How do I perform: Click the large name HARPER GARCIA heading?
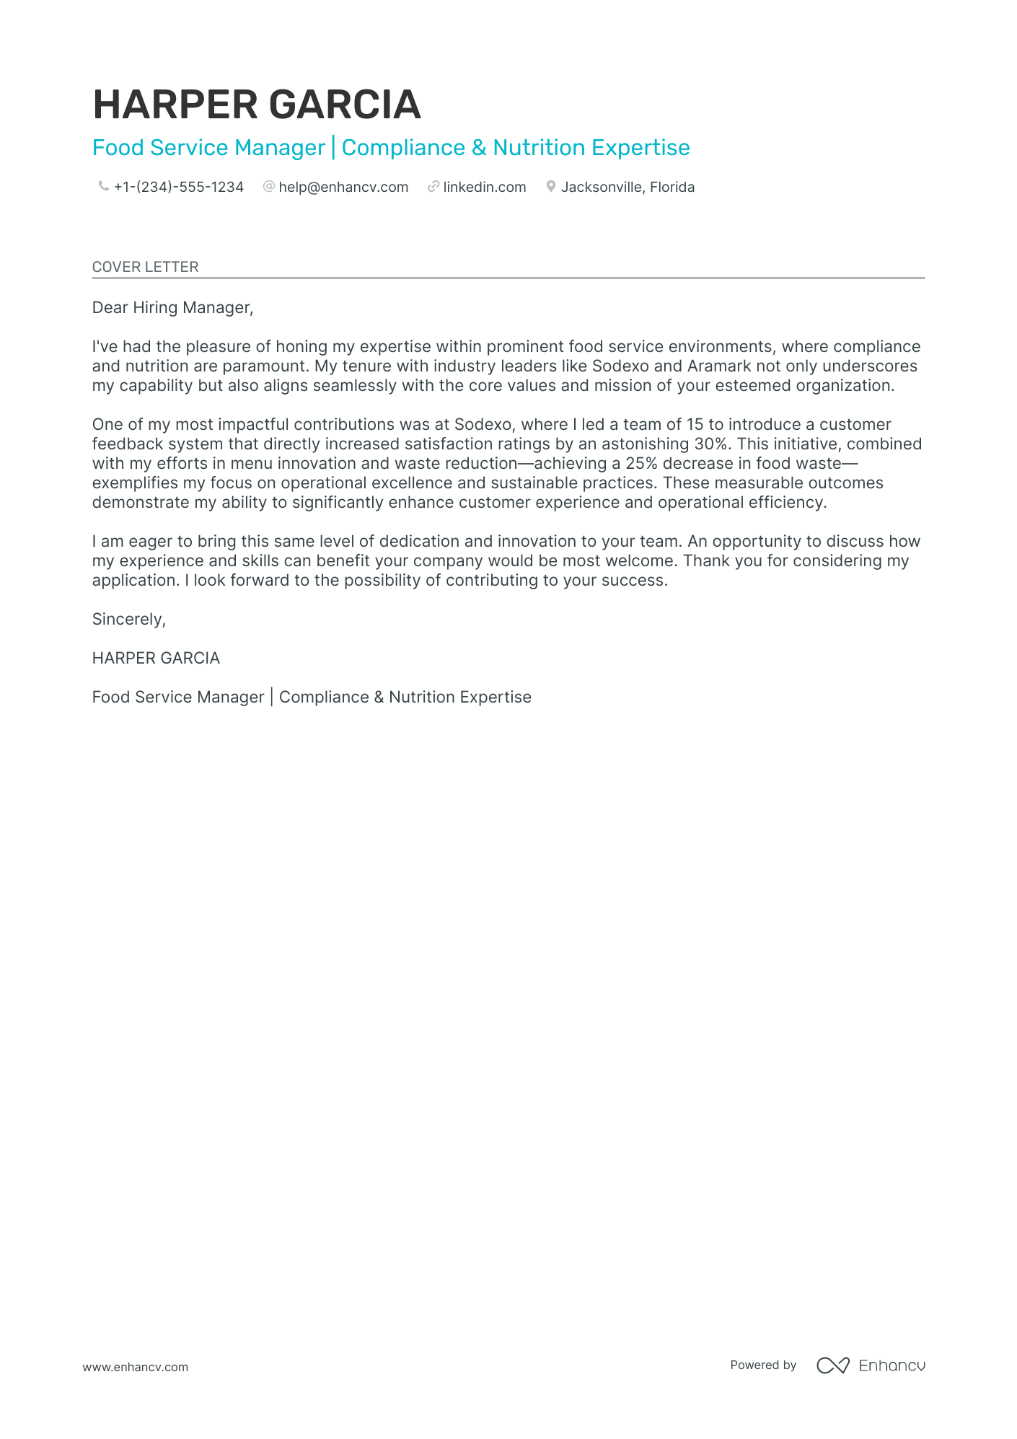click(256, 105)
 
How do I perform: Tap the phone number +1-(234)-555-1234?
click(178, 188)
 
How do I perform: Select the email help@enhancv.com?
click(343, 188)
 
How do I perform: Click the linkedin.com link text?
click(484, 188)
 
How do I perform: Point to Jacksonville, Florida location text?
click(628, 188)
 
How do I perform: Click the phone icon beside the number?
click(103, 187)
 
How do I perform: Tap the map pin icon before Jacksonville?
click(550, 187)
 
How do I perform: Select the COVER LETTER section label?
click(145, 267)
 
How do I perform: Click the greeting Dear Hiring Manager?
click(172, 308)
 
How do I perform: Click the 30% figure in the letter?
click(710, 444)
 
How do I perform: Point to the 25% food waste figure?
click(641, 464)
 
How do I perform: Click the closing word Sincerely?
click(129, 620)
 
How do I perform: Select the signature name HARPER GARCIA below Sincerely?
click(156, 659)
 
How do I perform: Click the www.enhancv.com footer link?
click(135, 1367)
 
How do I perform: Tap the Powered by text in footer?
click(762, 1365)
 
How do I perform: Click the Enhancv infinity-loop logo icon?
click(832, 1365)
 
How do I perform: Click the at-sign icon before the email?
click(268, 187)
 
